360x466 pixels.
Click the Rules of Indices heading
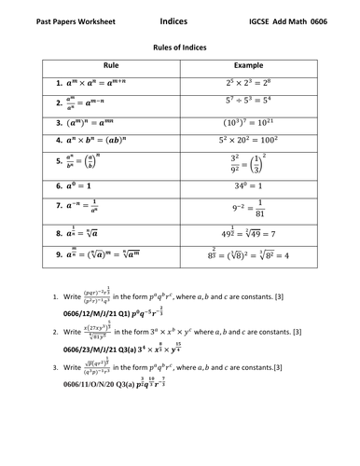point(179,44)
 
